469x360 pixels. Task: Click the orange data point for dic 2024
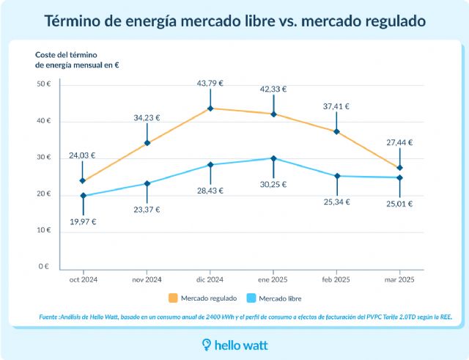pyautogui.click(x=210, y=109)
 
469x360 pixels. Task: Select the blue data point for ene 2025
pyautogui.click(x=273, y=158)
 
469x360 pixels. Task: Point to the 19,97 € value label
pyautogui.click(x=83, y=221)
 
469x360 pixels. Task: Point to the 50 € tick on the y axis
pyautogui.click(x=43, y=84)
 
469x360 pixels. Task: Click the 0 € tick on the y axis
pyautogui.click(x=45, y=267)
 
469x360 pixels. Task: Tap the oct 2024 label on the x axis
pyautogui.click(x=83, y=279)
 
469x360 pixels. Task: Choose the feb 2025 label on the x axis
pyautogui.click(x=336, y=279)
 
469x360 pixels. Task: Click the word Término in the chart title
pyautogui.click(x=74, y=21)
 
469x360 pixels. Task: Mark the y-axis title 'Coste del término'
pyautogui.click(x=67, y=55)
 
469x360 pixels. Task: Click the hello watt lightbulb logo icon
pyautogui.click(x=207, y=344)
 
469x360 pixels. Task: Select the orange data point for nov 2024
pyautogui.click(x=147, y=143)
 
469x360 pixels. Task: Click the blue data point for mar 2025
pyautogui.click(x=400, y=177)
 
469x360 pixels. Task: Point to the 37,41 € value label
pyautogui.click(x=336, y=106)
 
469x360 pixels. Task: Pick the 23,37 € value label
pyautogui.click(x=147, y=210)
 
